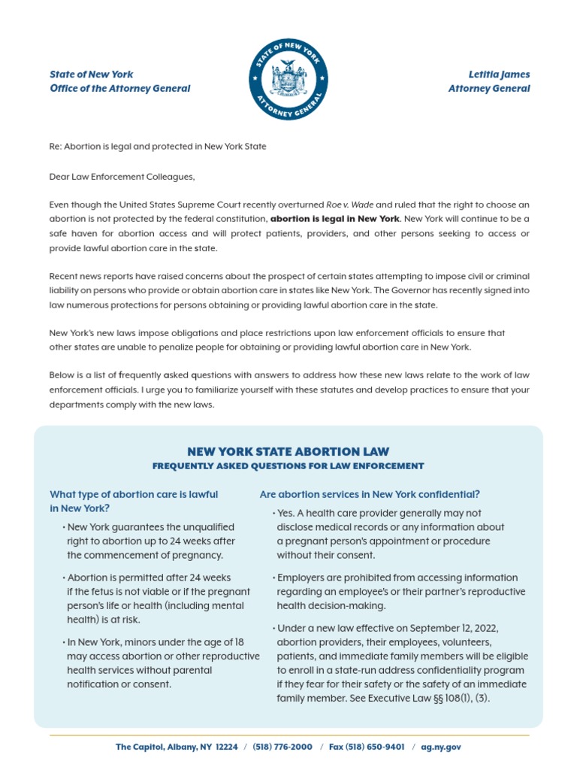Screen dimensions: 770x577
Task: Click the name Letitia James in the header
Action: tap(498, 74)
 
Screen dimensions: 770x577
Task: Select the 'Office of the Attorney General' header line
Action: tap(119, 89)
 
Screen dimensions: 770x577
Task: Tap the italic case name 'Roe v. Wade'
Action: tap(350, 205)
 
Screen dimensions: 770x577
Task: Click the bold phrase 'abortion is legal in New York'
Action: tap(334, 219)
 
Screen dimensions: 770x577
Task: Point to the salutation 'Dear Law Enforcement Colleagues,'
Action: tap(122, 176)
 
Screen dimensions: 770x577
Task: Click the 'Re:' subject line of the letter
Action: tap(157, 147)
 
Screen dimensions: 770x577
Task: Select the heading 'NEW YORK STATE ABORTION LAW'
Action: tap(288, 452)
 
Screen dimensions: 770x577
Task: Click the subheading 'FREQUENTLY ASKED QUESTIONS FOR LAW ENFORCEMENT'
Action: tap(288, 466)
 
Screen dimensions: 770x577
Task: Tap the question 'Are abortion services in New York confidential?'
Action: tap(370, 494)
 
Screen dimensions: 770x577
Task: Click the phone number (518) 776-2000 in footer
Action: tap(282, 747)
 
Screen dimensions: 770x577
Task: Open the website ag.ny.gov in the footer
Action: tap(441, 747)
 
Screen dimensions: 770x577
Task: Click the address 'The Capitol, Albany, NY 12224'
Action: tap(177, 747)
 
